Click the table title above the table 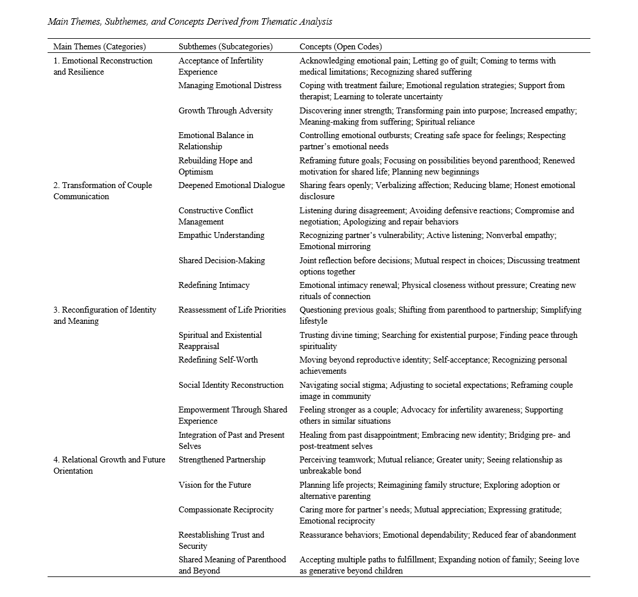(x=190, y=22)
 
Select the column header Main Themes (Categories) (x=99, y=46)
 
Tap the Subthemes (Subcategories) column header (x=225, y=46)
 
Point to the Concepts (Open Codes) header (x=340, y=46)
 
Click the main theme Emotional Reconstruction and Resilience (x=102, y=66)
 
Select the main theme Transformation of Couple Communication (x=102, y=191)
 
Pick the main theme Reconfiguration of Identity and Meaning (x=105, y=316)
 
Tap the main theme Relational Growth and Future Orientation (x=109, y=465)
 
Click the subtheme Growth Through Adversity (x=226, y=110)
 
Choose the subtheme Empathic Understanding (x=221, y=235)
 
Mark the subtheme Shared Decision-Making (x=221, y=260)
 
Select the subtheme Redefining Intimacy (x=214, y=285)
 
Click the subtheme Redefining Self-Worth (x=218, y=360)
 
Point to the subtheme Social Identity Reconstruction (x=231, y=385)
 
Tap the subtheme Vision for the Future (x=214, y=485)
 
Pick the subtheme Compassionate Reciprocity (x=226, y=509)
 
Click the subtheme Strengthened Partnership (x=221, y=460)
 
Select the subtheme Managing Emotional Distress (x=230, y=85)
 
